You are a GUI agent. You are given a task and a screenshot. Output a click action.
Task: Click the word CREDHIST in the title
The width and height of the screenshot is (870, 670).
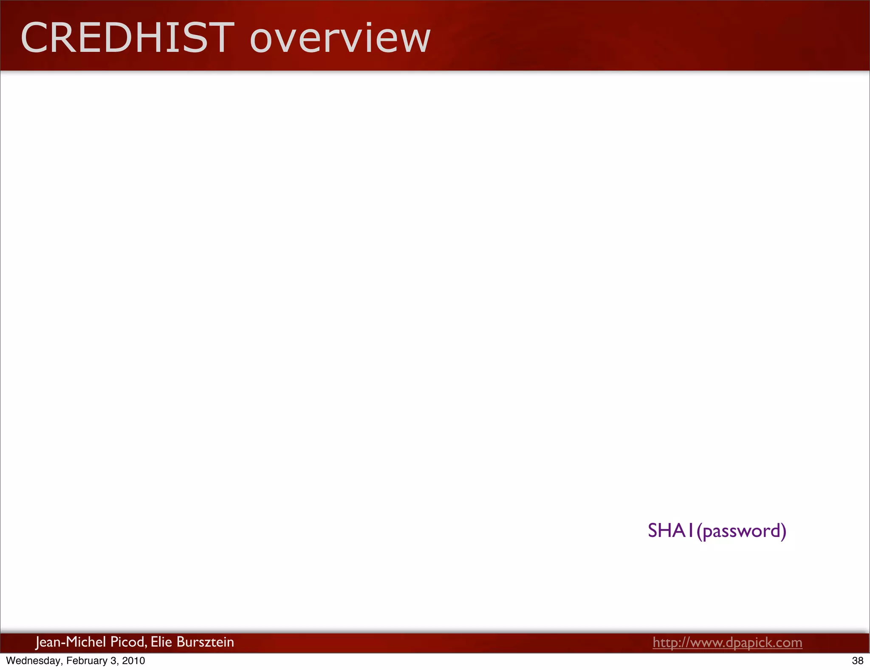127,38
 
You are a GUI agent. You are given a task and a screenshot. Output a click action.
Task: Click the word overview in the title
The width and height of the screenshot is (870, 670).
340,39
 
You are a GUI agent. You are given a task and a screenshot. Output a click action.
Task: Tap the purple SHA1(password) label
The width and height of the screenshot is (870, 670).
717,531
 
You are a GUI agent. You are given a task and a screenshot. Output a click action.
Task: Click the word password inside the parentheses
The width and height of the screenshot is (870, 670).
741,531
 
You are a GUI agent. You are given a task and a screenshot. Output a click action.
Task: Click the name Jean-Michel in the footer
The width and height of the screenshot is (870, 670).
71,642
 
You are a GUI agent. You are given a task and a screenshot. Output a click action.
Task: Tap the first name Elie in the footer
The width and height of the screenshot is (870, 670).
161,642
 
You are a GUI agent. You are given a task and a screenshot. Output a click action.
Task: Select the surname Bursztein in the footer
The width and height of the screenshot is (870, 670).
205,642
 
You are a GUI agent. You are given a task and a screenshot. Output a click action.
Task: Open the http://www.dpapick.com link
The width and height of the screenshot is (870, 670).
727,642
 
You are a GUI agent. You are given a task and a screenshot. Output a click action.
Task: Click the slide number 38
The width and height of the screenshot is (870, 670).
858,661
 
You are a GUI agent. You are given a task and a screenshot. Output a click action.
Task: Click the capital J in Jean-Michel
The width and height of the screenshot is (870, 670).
38,642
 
